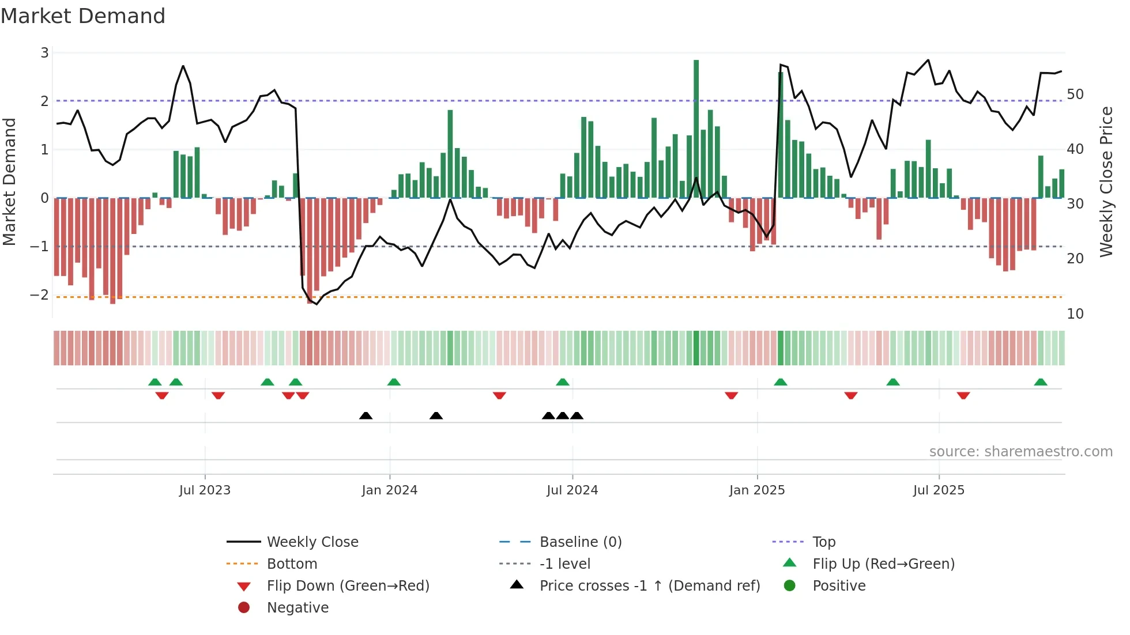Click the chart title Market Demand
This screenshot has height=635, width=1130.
pyautogui.click(x=83, y=16)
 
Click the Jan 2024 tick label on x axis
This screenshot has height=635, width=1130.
pyautogui.click(x=389, y=490)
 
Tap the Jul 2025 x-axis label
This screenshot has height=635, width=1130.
pyautogui.click(x=938, y=490)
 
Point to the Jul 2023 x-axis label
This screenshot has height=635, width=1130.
pyautogui.click(x=205, y=490)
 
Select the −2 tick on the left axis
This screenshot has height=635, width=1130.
pyautogui.click(x=39, y=295)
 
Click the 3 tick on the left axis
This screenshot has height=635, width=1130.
pyautogui.click(x=44, y=53)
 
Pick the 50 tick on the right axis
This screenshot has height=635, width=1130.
pyautogui.click(x=1075, y=95)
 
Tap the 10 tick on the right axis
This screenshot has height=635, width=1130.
pyautogui.click(x=1075, y=314)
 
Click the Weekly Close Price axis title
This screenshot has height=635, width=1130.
pyautogui.click(x=1106, y=182)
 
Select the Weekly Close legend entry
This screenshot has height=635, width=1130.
pyautogui.click(x=312, y=542)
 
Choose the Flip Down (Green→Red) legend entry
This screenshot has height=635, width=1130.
pyautogui.click(x=348, y=586)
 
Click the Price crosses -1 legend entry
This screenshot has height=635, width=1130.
pyautogui.click(x=649, y=586)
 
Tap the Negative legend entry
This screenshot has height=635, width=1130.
pyautogui.click(x=297, y=608)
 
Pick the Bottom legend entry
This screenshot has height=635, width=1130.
pyautogui.click(x=292, y=564)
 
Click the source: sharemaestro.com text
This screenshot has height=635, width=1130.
pyautogui.click(x=1020, y=452)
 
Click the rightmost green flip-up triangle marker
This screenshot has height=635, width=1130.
pyautogui.click(x=1041, y=382)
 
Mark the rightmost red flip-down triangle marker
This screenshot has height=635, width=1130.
pyautogui.click(x=963, y=395)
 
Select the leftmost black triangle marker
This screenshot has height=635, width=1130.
pyautogui.click(x=366, y=415)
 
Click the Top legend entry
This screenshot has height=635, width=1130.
pyautogui.click(x=823, y=542)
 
